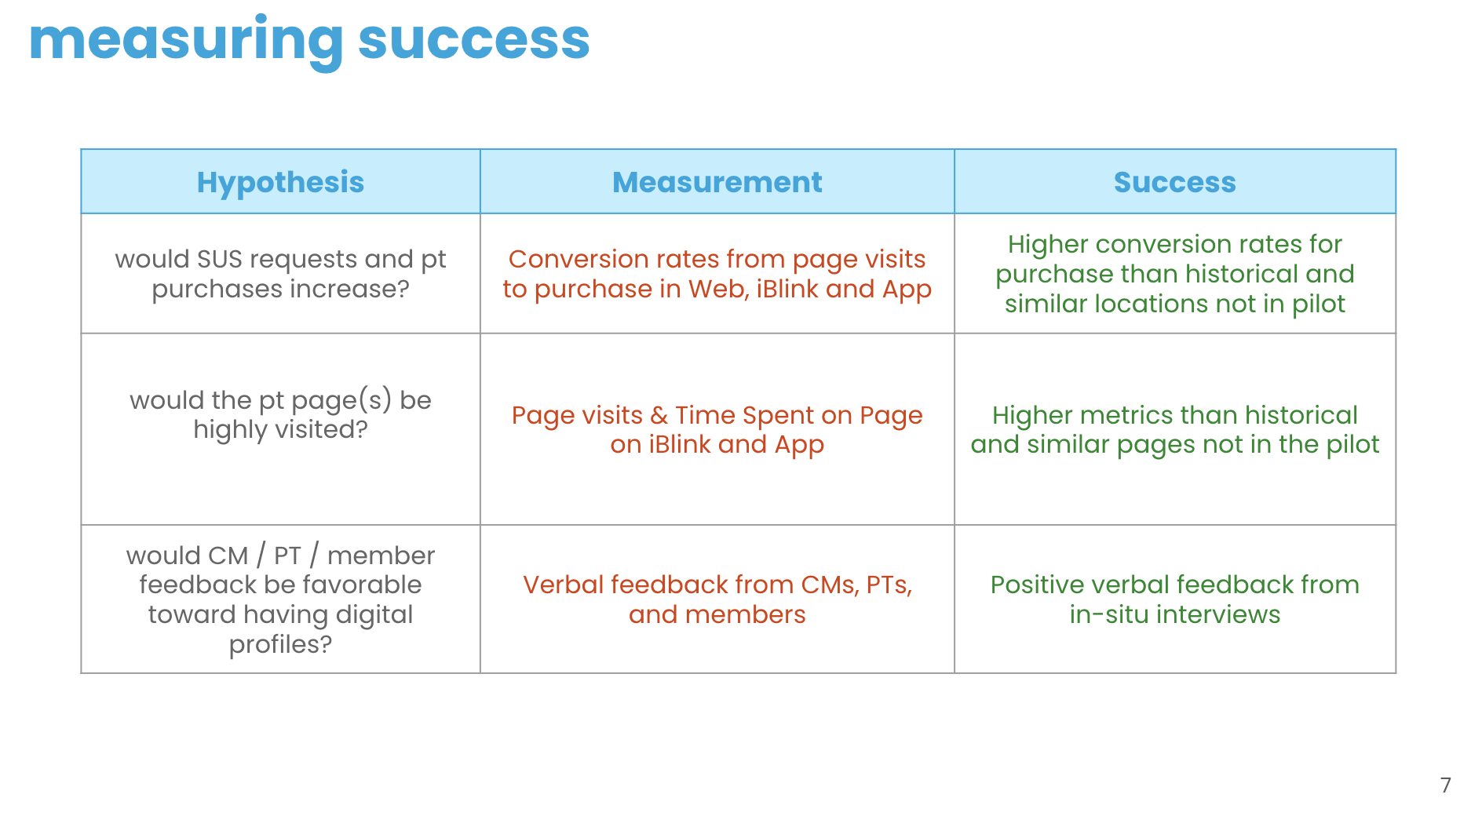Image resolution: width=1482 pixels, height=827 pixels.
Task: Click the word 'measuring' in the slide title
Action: tap(186, 41)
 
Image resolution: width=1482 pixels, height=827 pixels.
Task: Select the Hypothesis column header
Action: tap(280, 182)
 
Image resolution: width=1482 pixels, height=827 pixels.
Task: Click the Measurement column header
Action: tap(717, 182)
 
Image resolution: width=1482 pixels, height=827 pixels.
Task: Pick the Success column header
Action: tap(1175, 182)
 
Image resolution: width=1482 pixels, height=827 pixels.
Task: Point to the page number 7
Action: tap(1446, 785)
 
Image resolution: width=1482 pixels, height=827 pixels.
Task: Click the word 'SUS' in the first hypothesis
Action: tap(220, 259)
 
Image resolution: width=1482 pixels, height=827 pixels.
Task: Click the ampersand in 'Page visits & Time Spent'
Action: tap(659, 415)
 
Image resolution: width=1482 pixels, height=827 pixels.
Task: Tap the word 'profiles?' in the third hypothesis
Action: tap(280, 645)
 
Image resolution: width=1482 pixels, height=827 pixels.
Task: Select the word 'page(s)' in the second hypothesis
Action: tap(341, 401)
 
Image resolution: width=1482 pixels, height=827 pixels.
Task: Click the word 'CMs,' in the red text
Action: tap(830, 585)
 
